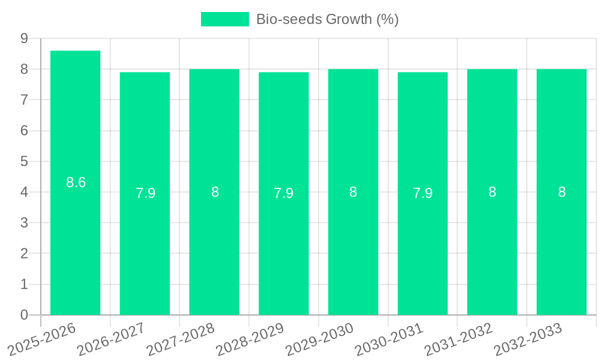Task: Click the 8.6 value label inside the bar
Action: click(76, 182)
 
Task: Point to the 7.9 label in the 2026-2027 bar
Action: click(145, 193)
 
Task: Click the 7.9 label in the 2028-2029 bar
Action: click(284, 193)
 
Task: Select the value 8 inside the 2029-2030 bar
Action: click(353, 192)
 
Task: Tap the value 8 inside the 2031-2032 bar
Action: click(492, 192)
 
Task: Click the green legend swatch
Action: click(224, 19)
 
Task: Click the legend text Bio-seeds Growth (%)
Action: click(328, 19)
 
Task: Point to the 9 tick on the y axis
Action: click(24, 38)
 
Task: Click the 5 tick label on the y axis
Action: click(24, 161)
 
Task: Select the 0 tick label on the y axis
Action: click(24, 315)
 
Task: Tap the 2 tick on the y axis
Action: click(24, 254)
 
